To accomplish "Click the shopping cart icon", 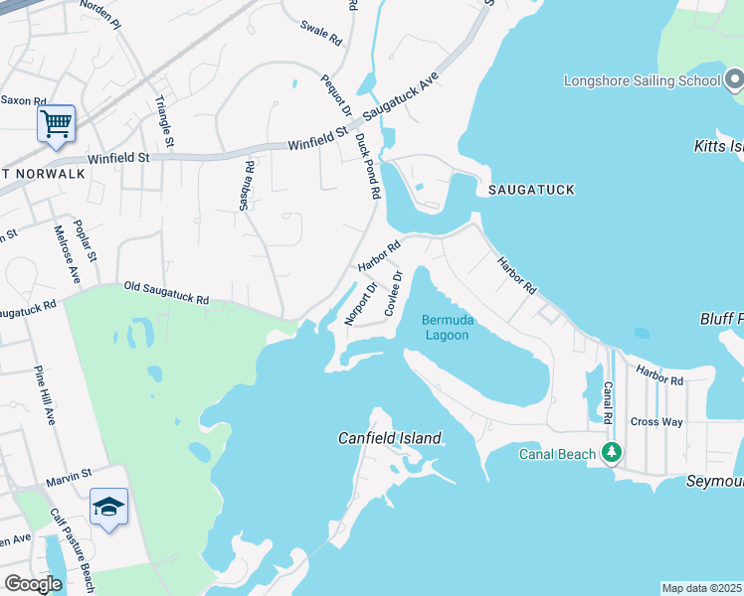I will (56, 125).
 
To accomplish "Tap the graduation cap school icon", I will (108, 508).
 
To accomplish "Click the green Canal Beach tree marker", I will (612, 454).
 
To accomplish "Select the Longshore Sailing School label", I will (640, 80).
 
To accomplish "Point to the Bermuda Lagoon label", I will (448, 327).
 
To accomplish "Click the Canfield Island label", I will (389, 438).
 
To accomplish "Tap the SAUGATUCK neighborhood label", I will (529, 190).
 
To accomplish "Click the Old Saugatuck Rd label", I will (166, 292).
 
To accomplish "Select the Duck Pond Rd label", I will (366, 165).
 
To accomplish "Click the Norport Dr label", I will (360, 304).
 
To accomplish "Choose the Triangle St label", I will (164, 122).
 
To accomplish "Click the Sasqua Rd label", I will (244, 187).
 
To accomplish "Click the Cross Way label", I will (656, 422).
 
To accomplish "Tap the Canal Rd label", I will (608, 401).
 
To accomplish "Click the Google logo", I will (32, 584).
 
